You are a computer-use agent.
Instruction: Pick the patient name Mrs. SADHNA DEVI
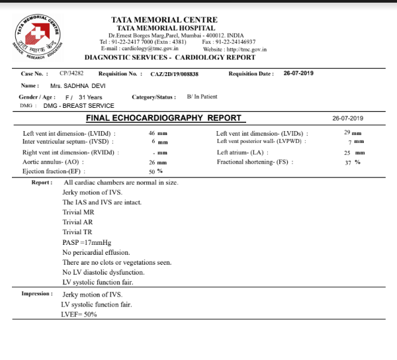77,86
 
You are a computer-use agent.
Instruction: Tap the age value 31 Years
91,97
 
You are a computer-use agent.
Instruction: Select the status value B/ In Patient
202,97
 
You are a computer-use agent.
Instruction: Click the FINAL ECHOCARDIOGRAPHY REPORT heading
164,118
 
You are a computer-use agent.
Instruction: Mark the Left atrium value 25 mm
355,152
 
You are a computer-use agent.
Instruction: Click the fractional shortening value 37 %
353,161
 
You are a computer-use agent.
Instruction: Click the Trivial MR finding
78,212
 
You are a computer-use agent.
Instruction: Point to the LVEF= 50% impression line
79,314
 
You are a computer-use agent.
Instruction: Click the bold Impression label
36,293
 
